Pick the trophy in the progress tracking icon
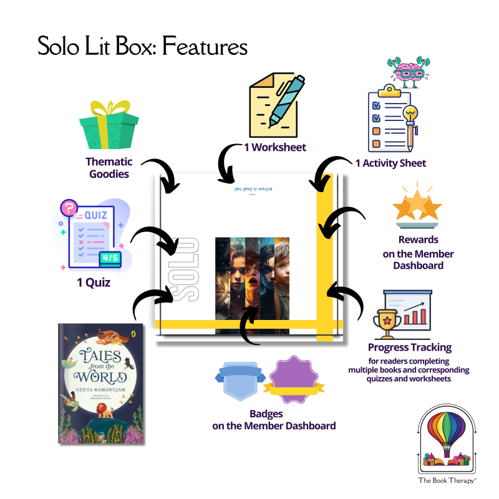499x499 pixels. [385, 320]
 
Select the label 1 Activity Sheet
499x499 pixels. [390, 163]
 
